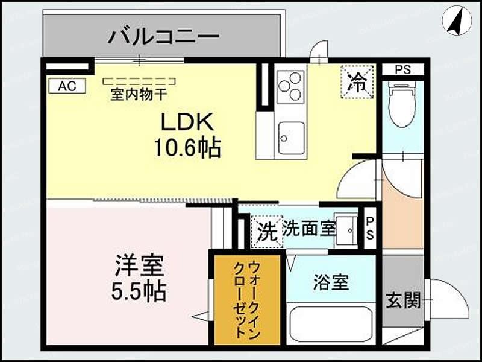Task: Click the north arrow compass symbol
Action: (456, 20)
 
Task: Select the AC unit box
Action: (67, 86)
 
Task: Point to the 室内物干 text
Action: (139, 95)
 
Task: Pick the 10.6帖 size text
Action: (187, 147)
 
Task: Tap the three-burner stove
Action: (290, 86)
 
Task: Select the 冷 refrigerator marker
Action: (357, 81)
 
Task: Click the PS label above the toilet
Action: (402, 69)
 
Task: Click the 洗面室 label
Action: (308, 229)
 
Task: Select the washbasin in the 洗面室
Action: (347, 229)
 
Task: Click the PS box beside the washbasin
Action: (369, 229)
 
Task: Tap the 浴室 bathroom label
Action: (331, 282)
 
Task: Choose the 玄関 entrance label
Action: (403, 300)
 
